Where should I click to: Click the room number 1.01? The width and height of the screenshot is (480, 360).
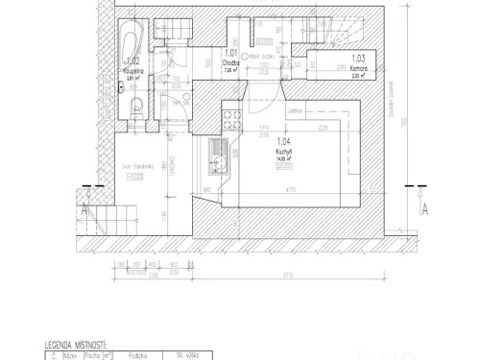click(230, 54)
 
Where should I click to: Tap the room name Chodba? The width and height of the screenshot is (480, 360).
click(230, 63)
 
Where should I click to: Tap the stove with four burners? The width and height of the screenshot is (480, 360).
click(229, 119)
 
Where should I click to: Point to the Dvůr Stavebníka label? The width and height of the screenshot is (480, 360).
click(132, 166)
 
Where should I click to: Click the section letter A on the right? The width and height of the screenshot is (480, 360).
click(424, 204)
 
